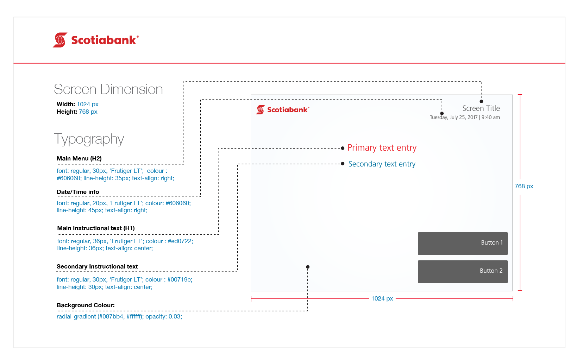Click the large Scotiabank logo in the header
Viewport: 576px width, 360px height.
(x=96, y=40)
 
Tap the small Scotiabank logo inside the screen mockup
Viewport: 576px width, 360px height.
(x=283, y=110)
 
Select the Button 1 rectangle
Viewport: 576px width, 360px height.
(x=463, y=243)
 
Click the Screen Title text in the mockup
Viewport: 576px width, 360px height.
(x=481, y=108)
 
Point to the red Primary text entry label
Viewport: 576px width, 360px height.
(x=382, y=148)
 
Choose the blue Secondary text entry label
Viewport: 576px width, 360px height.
(x=382, y=164)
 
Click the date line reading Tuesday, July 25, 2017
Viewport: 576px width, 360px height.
(x=465, y=118)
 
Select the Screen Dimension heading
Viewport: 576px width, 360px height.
(x=108, y=89)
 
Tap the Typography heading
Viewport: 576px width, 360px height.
(x=89, y=139)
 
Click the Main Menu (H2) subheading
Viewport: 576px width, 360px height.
(x=79, y=159)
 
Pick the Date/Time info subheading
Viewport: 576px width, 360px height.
(x=78, y=192)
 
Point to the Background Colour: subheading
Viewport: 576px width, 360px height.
(x=86, y=305)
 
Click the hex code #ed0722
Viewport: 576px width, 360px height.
(x=180, y=241)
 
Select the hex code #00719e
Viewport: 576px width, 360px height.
(x=179, y=279)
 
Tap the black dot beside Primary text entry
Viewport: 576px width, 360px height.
(x=343, y=148)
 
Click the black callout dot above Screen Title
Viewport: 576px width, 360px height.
(x=481, y=101)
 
